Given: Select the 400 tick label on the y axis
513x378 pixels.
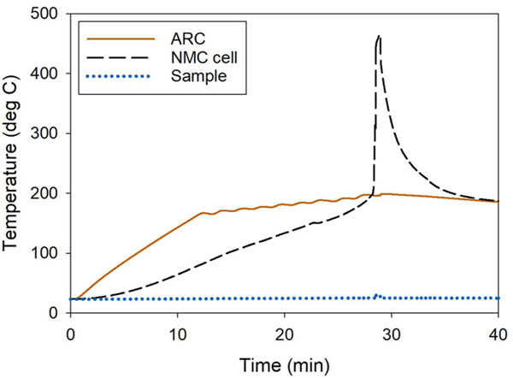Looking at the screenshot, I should (x=48, y=74).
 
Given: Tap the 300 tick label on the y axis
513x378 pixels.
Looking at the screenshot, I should (x=48, y=134).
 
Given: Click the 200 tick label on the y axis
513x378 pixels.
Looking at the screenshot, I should (x=48, y=193).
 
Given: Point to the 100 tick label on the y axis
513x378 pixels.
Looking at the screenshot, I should (x=48, y=253).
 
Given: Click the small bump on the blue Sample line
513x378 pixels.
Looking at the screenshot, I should (x=377, y=295).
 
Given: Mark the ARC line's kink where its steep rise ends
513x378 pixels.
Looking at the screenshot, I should (x=202, y=213).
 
